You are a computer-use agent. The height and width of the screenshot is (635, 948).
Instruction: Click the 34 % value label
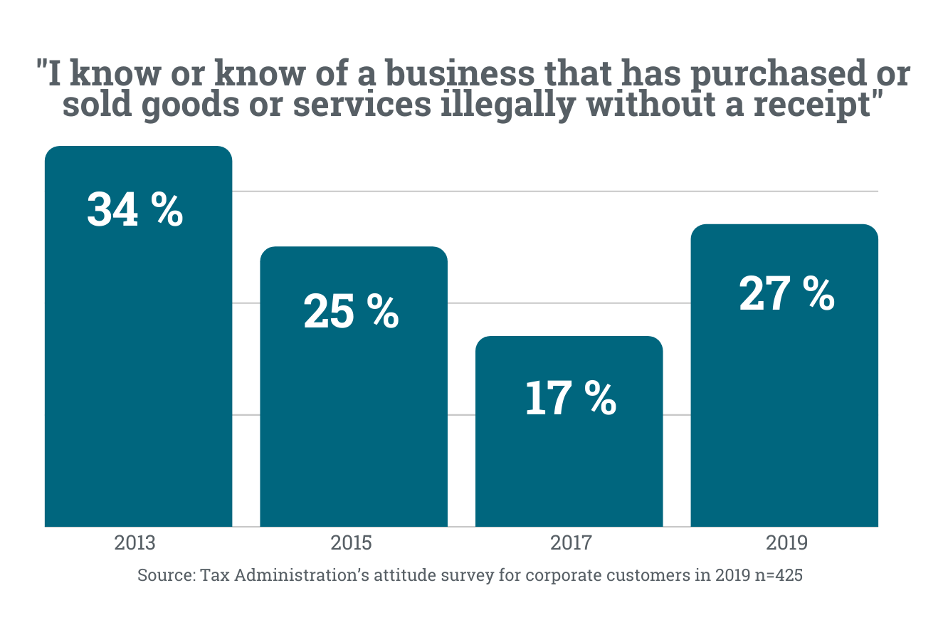pyautogui.click(x=135, y=209)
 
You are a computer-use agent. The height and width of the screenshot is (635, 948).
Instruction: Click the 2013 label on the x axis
pyautogui.click(x=135, y=543)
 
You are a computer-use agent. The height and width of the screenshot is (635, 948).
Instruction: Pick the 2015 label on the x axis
pyautogui.click(x=351, y=543)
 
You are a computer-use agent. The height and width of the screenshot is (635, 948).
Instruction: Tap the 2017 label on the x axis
pyautogui.click(x=571, y=543)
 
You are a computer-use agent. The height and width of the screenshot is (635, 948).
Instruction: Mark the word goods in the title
pyautogui.click(x=191, y=105)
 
